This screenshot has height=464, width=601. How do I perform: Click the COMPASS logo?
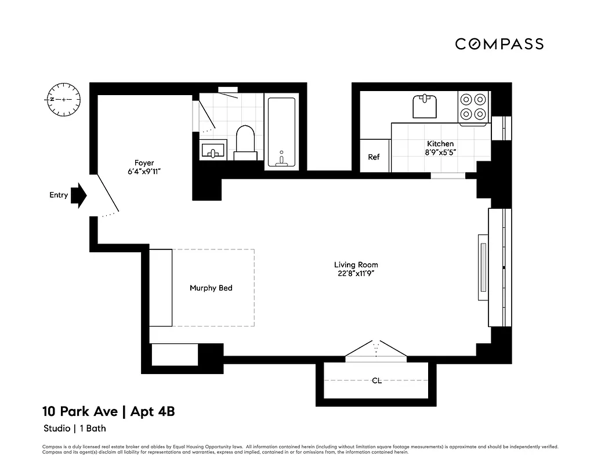click(499, 44)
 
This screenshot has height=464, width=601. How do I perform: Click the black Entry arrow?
click(79, 195)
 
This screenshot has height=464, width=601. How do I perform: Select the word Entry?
click(59, 195)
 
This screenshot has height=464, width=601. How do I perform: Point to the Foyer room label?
click(144, 163)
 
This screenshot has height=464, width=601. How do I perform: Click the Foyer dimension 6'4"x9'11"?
click(144, 172)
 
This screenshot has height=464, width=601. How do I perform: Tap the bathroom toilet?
click(246, 141)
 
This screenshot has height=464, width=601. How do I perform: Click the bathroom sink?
click(213, 150)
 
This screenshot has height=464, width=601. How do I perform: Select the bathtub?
click(281, 132)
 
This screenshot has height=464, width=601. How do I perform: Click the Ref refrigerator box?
click(374, 157)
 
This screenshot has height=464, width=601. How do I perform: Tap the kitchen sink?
click(425, 107)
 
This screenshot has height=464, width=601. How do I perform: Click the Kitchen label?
click(440, 144)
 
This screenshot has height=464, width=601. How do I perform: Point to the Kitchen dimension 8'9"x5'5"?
click(440, 153)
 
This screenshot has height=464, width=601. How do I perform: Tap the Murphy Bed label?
click(211, 288)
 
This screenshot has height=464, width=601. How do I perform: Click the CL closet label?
click(376, 381)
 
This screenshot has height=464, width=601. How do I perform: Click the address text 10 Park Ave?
click(79, 412)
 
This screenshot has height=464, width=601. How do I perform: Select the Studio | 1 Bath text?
click(75, 429)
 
